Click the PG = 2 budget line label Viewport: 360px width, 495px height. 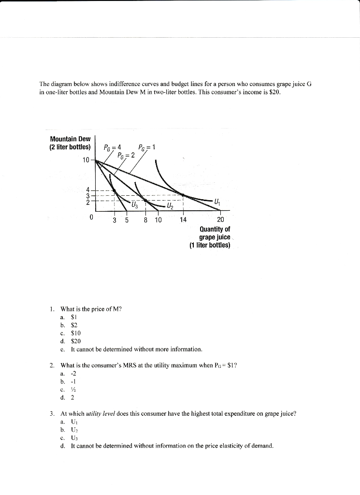(x=126, y=155)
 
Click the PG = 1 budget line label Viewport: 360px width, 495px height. (x=146, y=147)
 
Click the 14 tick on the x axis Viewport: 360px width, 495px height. (x=183, y=219)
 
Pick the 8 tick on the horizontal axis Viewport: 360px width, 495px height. (x=145, y=219)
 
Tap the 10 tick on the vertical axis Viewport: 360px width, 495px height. (x=86, y=160)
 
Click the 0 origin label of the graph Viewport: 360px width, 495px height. (x=91, y=218)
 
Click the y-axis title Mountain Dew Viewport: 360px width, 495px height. (x=70, y=143)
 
